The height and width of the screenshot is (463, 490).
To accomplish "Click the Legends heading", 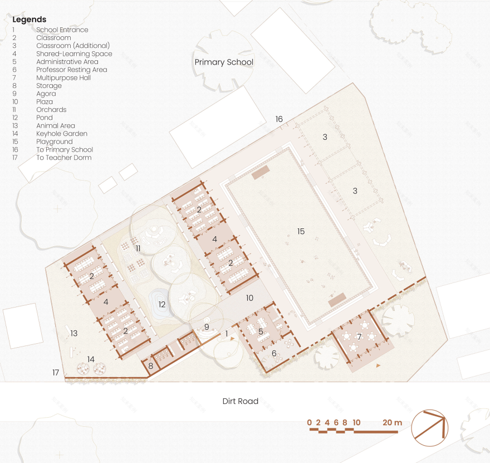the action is coord(30,20).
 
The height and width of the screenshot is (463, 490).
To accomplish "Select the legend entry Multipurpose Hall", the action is coord(63,78).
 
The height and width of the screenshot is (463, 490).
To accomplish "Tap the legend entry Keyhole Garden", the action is coord(62,134).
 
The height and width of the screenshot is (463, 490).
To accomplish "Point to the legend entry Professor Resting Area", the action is coord(72,70).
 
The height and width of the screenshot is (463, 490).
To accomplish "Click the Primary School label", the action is coord(224,62).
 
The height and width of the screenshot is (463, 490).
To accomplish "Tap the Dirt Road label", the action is coord(241,401).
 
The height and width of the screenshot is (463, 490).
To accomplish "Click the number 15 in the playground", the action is coord(301,231).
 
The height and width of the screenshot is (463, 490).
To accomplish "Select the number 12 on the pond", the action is coord(162,304).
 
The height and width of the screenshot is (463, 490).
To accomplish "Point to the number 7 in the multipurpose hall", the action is coord(359,337).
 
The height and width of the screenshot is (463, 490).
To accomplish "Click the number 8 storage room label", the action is coord(151,365).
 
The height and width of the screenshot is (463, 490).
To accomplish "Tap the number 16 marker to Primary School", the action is coord(279,119).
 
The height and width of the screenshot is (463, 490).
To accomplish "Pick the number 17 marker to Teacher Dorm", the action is coord(56,372).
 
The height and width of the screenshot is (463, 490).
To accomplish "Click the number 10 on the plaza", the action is coord(249,298).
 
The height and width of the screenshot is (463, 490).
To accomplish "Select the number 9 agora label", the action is coord(207,327).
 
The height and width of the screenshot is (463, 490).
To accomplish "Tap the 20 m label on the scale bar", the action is coord(392,423).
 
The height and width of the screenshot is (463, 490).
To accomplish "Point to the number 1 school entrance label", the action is coord(227,334).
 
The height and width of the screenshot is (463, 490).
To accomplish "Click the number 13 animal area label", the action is coord(73,333).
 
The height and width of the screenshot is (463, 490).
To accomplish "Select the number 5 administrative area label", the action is coord(261,332).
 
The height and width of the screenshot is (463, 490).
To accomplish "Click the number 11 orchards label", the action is coord(138,248).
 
